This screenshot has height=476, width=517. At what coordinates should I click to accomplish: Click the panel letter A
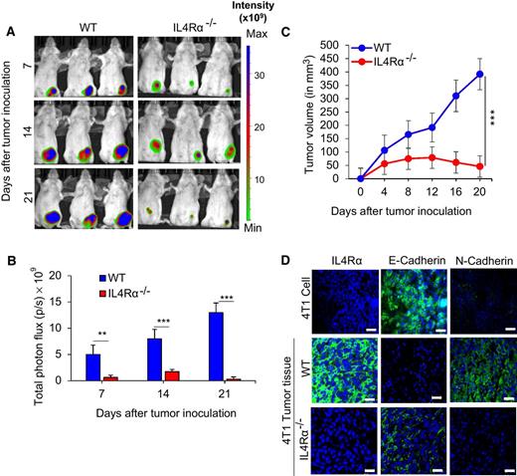[x=8, y=29]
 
